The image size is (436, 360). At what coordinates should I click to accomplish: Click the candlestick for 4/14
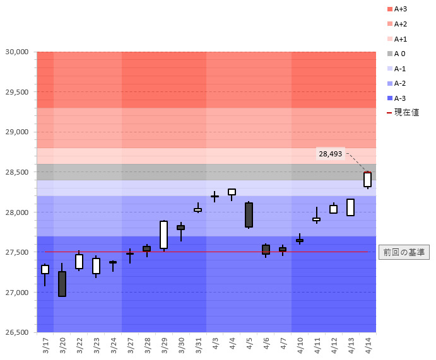pyautogui.click(x=367, y=180)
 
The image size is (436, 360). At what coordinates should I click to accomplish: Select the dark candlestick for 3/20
pyautogui.click(x=62, y=284)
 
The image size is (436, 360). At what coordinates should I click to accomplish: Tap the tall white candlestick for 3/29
pyautogui.click(x=163, y=235)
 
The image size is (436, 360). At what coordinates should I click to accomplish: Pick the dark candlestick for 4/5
pyautogui.click(x=249, y=214)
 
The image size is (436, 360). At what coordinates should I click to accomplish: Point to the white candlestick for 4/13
pyautogui.click(x=350, y=207)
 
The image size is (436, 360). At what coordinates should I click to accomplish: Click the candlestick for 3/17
pyautogui.click(x=45, y=269)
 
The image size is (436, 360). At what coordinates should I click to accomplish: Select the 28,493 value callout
pyautogui.click(x=330, y=154)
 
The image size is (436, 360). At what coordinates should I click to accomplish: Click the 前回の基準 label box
pyautogui.click(x=404, y=252)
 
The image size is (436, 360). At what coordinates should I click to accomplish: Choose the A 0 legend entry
pyautogui.click(x=399, y=54)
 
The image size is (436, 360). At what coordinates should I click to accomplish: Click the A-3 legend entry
pyautogui.click(x=399, y=98)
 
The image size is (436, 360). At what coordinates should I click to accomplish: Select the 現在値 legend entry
pyautogui.click(x=402, y=113)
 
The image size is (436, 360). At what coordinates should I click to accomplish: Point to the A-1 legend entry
pyautogui.click(x=399, y=68)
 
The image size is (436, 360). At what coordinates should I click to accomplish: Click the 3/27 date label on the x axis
pyautogui.click(x=130, y=345)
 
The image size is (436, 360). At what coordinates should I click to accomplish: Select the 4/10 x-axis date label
pyautogui.click(x=300, y=345)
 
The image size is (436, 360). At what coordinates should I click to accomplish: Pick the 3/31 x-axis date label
pyautogui.click(x=198, y=345)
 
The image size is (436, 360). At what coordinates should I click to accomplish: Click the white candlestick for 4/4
pyautogui.click(x=232, y=192)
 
